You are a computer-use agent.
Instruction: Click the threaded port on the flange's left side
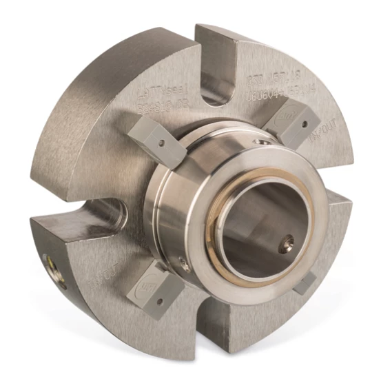49,261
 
